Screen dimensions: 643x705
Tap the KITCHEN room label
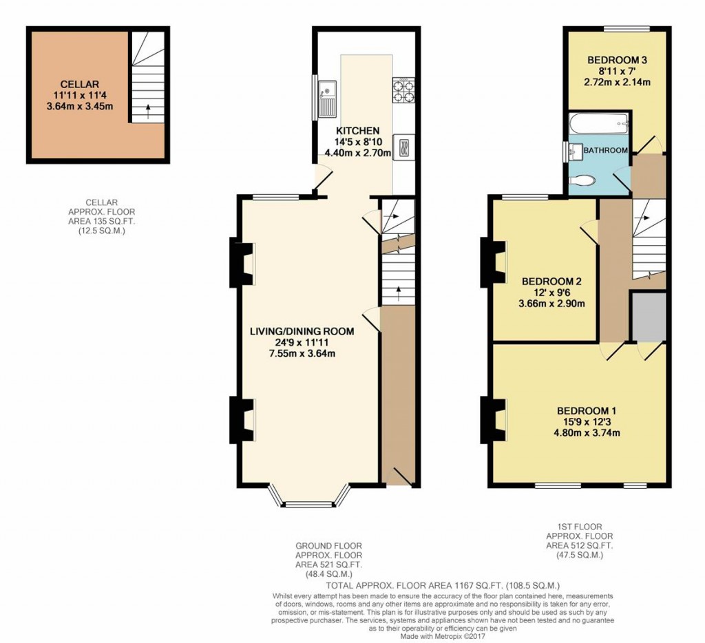357,131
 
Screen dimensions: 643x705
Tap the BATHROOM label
606,150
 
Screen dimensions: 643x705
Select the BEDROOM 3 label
617,60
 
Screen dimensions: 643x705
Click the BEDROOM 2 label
552,281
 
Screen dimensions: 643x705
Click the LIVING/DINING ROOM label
302,331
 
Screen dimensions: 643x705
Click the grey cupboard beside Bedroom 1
649,316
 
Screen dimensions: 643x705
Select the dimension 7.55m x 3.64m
302,354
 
